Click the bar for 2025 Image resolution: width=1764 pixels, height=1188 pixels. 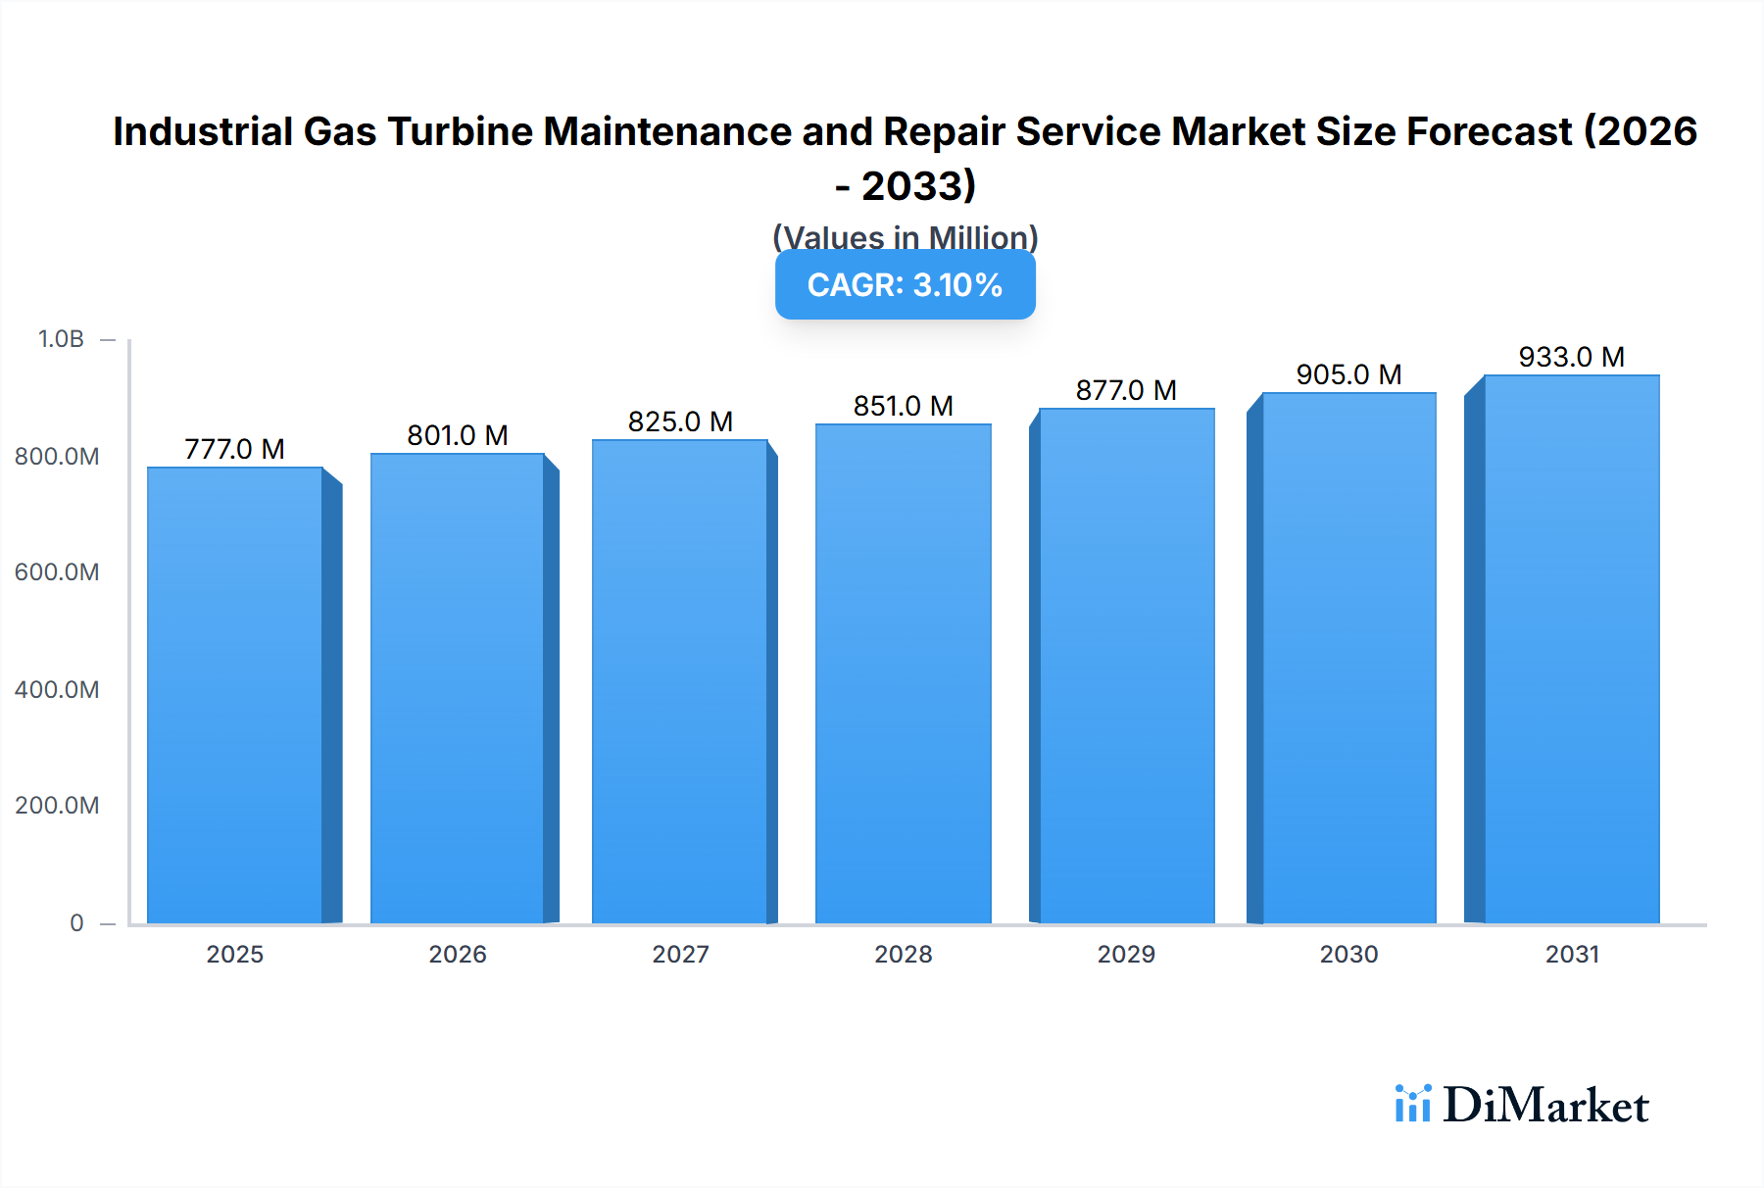point(235,695)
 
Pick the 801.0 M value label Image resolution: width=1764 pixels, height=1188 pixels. point(458,435)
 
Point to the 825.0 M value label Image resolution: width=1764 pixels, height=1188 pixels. point(680,421)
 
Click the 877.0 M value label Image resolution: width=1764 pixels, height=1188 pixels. point(1126,390)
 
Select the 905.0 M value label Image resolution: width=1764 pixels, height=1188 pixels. point(1348,374)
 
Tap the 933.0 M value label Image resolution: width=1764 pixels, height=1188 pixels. point(1571,357)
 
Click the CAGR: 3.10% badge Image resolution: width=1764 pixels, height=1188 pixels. point(905,285)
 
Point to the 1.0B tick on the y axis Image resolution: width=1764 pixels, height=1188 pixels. point(61,339)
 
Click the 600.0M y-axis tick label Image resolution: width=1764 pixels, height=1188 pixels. point(57,572)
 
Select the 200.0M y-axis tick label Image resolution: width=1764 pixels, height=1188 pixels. point(57,806)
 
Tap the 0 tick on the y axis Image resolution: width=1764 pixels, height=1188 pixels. point(76,922)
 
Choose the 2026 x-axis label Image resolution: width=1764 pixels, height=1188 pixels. point(458,954)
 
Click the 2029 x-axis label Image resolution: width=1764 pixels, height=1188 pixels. point(1126,954)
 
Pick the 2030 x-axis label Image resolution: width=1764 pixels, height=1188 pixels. point(1348,954)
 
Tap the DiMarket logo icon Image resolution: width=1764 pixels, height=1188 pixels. point(1412,1104)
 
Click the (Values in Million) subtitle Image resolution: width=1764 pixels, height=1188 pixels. point(905,237)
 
